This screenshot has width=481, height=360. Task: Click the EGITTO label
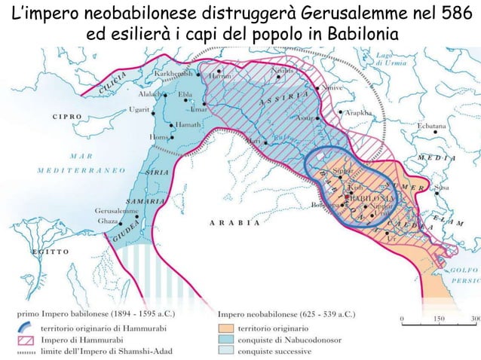click(x=49, y=251)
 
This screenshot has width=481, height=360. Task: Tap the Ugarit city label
click(x=139, y=110)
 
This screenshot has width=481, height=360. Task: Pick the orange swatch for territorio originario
click(x=225, y=329)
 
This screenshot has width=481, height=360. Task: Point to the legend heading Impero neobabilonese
click(x=286, y=313)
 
